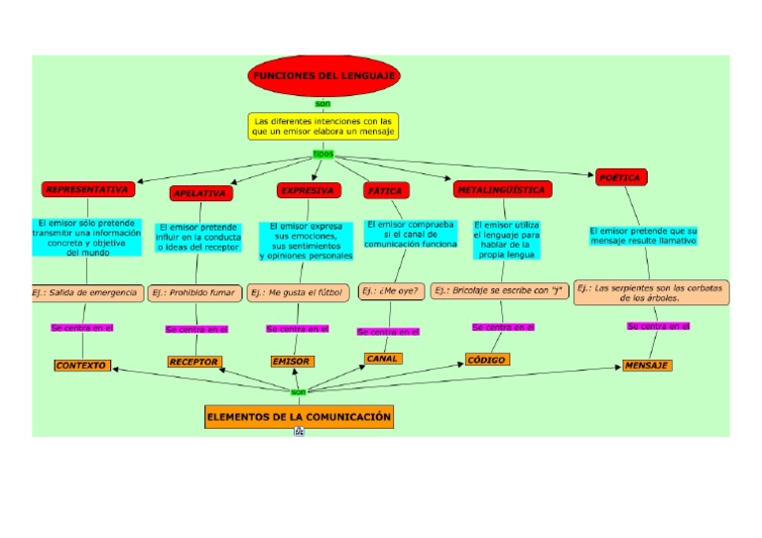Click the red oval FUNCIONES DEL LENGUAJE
[x=323, y=77]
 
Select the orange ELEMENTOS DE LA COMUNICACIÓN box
[x=299, y=417]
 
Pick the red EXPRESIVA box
[x=307, y=190]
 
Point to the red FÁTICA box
[x=385, y=189]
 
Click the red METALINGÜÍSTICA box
[x=501, y=188]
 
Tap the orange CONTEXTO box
[x=81, y=366]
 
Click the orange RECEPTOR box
[x=194, y=363]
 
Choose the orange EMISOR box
[x=292, y=363]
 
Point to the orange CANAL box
[x=384, y=359]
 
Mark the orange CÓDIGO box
[x=486, y=360]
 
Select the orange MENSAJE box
[x=647, y=366]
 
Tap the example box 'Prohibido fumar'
[x=193, y=293]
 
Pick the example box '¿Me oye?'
[x=391, y=291]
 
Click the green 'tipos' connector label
[x=323, y=154]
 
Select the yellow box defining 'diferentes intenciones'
[x=323, y=126]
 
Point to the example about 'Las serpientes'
[x=651, y=292]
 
